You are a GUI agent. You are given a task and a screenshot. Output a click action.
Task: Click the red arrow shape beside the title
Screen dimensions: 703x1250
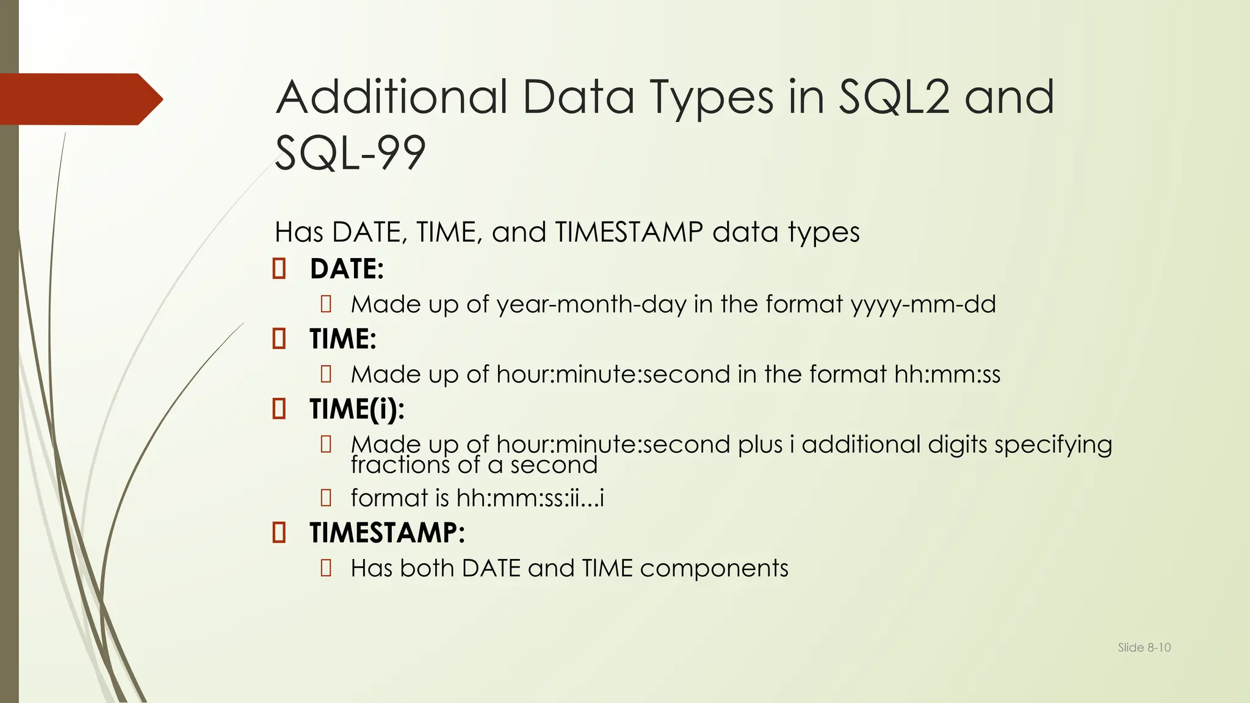tap(79, 99)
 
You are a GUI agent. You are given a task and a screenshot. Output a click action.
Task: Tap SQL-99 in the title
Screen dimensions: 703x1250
tap(350, 153)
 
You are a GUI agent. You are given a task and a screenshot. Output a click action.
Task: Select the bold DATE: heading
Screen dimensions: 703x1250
tap(347, 269)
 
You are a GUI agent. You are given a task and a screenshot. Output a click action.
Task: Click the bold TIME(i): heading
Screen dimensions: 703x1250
tap(356, 409)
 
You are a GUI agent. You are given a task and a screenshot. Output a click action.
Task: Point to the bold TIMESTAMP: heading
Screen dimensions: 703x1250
tap(387, 533)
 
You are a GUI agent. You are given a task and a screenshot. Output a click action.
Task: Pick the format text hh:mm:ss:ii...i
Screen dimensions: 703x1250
tap(530, 499)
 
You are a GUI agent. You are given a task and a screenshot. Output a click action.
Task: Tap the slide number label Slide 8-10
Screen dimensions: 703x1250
tap(1144, 647)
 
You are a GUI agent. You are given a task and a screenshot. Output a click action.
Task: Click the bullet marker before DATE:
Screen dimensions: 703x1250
tap(279, 269)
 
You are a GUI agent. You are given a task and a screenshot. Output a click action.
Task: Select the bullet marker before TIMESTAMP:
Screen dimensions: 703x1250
tap(279, 533)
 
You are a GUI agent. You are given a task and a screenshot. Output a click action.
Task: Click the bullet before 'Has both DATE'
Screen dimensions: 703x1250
tap(326, 568)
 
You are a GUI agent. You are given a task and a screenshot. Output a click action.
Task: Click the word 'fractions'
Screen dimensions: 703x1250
tap(400, 466)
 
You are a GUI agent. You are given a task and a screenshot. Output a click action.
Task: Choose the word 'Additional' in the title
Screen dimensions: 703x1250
tap(391, 98)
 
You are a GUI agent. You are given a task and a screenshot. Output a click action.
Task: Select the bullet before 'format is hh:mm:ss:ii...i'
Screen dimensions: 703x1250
tap(326, 498)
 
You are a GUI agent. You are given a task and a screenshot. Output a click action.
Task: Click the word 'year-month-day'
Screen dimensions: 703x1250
tap(591, 305)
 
